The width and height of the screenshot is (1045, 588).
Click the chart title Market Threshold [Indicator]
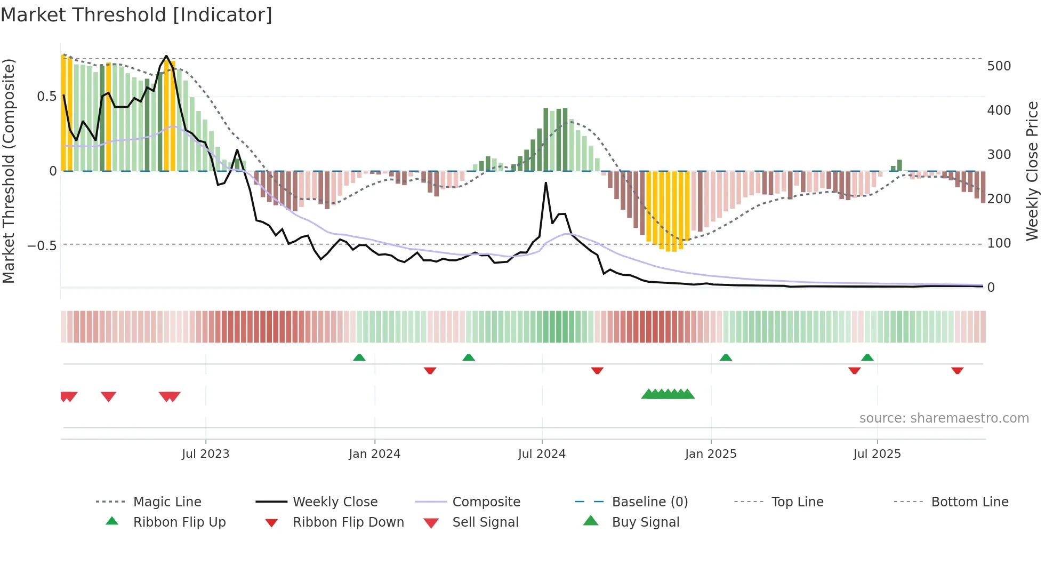pyautogui.click(x=136, y=15)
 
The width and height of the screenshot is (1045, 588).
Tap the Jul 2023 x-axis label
pyautogui.click(x=205, y=454)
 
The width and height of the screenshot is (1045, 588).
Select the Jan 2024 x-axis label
pyautogui.click(x=374, y=454)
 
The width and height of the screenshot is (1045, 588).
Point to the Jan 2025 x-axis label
pyautogui.click(x=711, y=454)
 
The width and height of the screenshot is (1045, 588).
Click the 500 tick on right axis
pyautogui.click(x=999, y=66)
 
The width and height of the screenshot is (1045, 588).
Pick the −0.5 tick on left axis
pyautogui.click(x=42, y=246)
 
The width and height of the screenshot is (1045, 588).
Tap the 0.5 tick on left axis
pyautogui.click(x=46, y=97)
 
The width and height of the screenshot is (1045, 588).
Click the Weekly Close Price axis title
pyautogui.click(x=1032, y=171)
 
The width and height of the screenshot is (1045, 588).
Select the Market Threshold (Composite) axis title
pyautogui.click(x=9, y=171)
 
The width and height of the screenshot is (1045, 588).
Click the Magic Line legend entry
pyautogui.click(x=167, y=502)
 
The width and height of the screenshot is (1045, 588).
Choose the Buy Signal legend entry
pyautogui.click(x=645, y=522)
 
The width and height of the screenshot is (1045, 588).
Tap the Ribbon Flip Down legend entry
pyautogui.click(x=348, y=522)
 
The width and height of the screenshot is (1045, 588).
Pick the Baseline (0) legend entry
pyautogui.click(x=649, y=502)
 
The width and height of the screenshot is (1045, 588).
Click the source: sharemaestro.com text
pyautogui.click(x=944, y=418)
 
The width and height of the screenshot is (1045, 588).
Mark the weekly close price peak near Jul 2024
pyautogui.click(x=546, y=183)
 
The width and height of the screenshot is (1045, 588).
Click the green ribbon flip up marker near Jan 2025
pyautogui.click(x=726, y=357)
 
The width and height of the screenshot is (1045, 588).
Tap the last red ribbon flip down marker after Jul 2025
pyautogui.click(x=957, y=370)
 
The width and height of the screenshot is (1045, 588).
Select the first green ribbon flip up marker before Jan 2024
pyautogui.click(x=359, y=357)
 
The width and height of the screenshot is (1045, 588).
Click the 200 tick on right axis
pyautogui.click(x=999, y=199)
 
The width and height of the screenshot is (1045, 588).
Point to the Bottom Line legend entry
pyautogui.click(x=969, y=502)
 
